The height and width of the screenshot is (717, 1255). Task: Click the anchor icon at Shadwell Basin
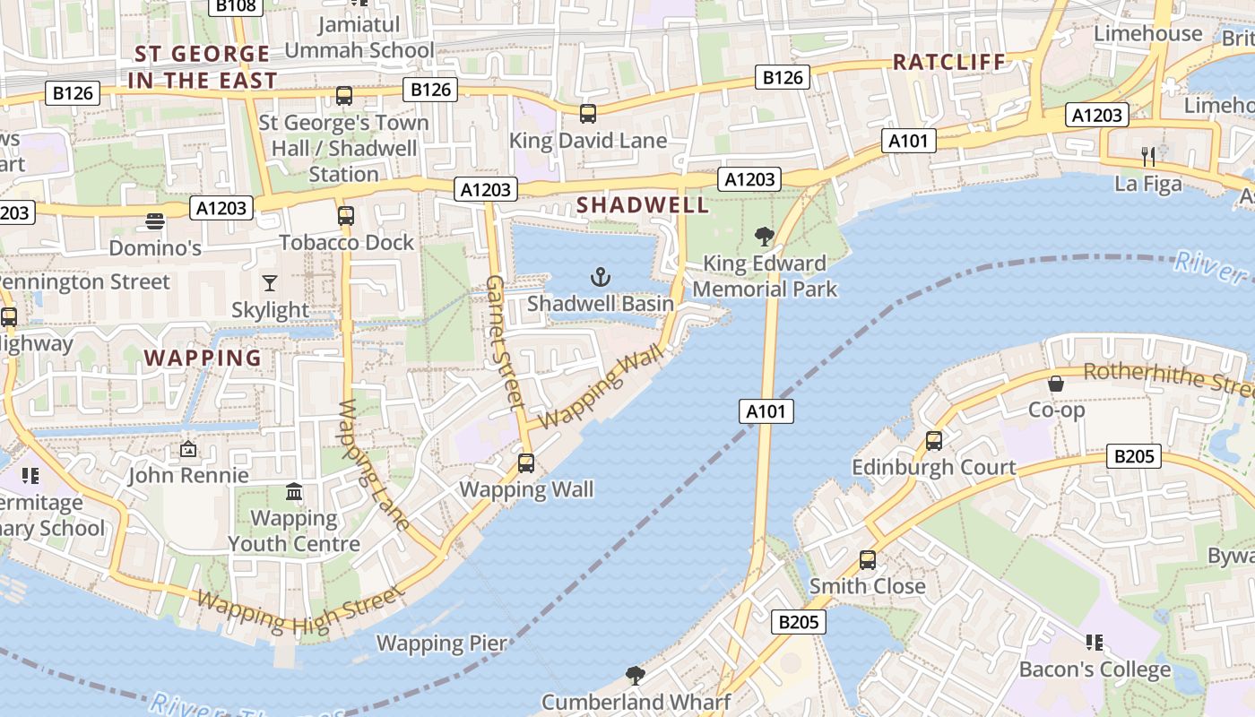[x=601, y=277]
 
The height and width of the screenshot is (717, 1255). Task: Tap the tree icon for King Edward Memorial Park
[x=764, y=237]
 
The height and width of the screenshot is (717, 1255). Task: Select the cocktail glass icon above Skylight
[x=270, y=284]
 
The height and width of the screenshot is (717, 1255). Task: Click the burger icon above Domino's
[x=155, y=221]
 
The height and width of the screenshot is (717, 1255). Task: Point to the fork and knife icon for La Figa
[x=1148, y=157]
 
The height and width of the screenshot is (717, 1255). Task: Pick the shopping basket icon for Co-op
[x=1056, y=384]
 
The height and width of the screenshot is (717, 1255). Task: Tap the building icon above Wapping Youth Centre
[x=294, y=492]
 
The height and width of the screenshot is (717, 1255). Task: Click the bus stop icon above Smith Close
[x=867, y=560]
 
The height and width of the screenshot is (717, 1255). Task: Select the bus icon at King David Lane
[x=588, y=114]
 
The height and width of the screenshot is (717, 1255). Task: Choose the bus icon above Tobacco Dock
[x=346, y=216]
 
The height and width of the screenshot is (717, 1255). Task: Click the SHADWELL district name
[x=643, y=205]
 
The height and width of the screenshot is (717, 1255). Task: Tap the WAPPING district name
[x=203, y=358]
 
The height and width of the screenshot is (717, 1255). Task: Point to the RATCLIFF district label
[x=949, y=62]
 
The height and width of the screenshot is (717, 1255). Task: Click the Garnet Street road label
[x=504, y=342]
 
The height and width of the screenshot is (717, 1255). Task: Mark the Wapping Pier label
[x=442, y=643]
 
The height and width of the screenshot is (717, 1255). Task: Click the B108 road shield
[x=236, y=6]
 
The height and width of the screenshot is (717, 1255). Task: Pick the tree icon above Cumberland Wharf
[x=636, y=675]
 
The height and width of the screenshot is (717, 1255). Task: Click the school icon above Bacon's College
[x=1094, y=643]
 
